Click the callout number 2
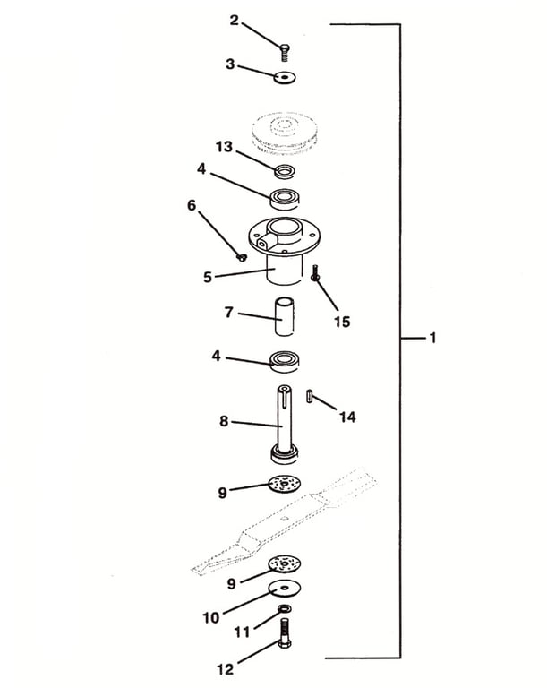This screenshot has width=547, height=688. pyautogui.click(x=234, y=20)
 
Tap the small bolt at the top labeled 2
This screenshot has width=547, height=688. pyautogui.click(x=284, y=51)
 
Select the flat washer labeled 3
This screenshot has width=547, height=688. pyautogui.click(x=285, y=78)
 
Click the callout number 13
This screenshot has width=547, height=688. pyautogui.click(x=224, y=146)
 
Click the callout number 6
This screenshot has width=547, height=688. pyautogui.click(x=191, y=204)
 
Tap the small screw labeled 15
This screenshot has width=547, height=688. pyautogui.click(x=316, y=273)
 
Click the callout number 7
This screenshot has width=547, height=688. pyautogui.click(x=229, y=312)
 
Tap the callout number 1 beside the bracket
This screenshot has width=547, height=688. pyautogui.click(x=432, y=338)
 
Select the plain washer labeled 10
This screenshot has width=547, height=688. pyautogui.click(x=285, y=588)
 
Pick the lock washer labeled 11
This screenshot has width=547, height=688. pyautogui.click(x=285, y=609)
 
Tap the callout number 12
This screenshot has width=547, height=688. pyautogui.click(x=224, y=667)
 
